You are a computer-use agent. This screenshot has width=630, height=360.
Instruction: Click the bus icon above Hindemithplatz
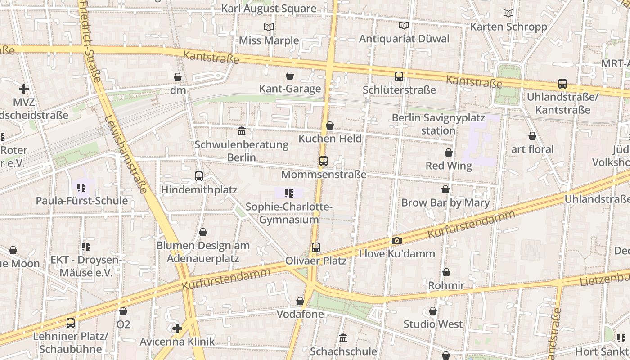click(x=199, y=176)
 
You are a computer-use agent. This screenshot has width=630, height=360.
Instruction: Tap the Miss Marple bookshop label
click(x=269, y=40)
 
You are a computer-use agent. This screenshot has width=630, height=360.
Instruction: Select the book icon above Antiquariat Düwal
click(x=404, y=26)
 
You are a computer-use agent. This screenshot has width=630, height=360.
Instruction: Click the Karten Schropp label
click(x=508, y=27)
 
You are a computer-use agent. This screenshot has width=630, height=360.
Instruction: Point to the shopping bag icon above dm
click(x=178, y=77)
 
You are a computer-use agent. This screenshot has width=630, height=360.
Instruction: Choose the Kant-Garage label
click(x=290, y=89)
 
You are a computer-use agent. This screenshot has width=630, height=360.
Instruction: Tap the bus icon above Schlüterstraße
click(x=399, y=76)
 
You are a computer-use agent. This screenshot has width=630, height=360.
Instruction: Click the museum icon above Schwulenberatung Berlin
click(x=242, y=131)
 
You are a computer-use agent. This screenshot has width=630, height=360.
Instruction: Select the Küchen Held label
click(x=330, y=139)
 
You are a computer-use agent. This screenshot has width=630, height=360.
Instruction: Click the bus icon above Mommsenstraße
click(x=323, y=161)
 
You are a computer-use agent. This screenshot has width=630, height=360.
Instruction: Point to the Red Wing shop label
click(x=449, y=166)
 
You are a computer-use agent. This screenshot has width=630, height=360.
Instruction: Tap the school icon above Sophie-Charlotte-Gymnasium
click(x=288, y=194)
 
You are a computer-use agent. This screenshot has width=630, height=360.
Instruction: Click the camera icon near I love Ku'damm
click(x=396, y=241)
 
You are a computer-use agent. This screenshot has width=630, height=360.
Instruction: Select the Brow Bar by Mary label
click(x=445, y=202)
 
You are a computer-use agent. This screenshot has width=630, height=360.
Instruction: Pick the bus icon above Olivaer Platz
click(x=316, y=247)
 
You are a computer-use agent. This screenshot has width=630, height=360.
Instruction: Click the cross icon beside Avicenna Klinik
click(x=178, y=328)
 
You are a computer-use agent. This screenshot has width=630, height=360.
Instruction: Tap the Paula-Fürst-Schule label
click(x=82, y=201)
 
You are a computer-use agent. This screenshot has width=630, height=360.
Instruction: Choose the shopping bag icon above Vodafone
click(x=300, y=301)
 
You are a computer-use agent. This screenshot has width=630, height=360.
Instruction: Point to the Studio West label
click(x=432, y=324)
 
